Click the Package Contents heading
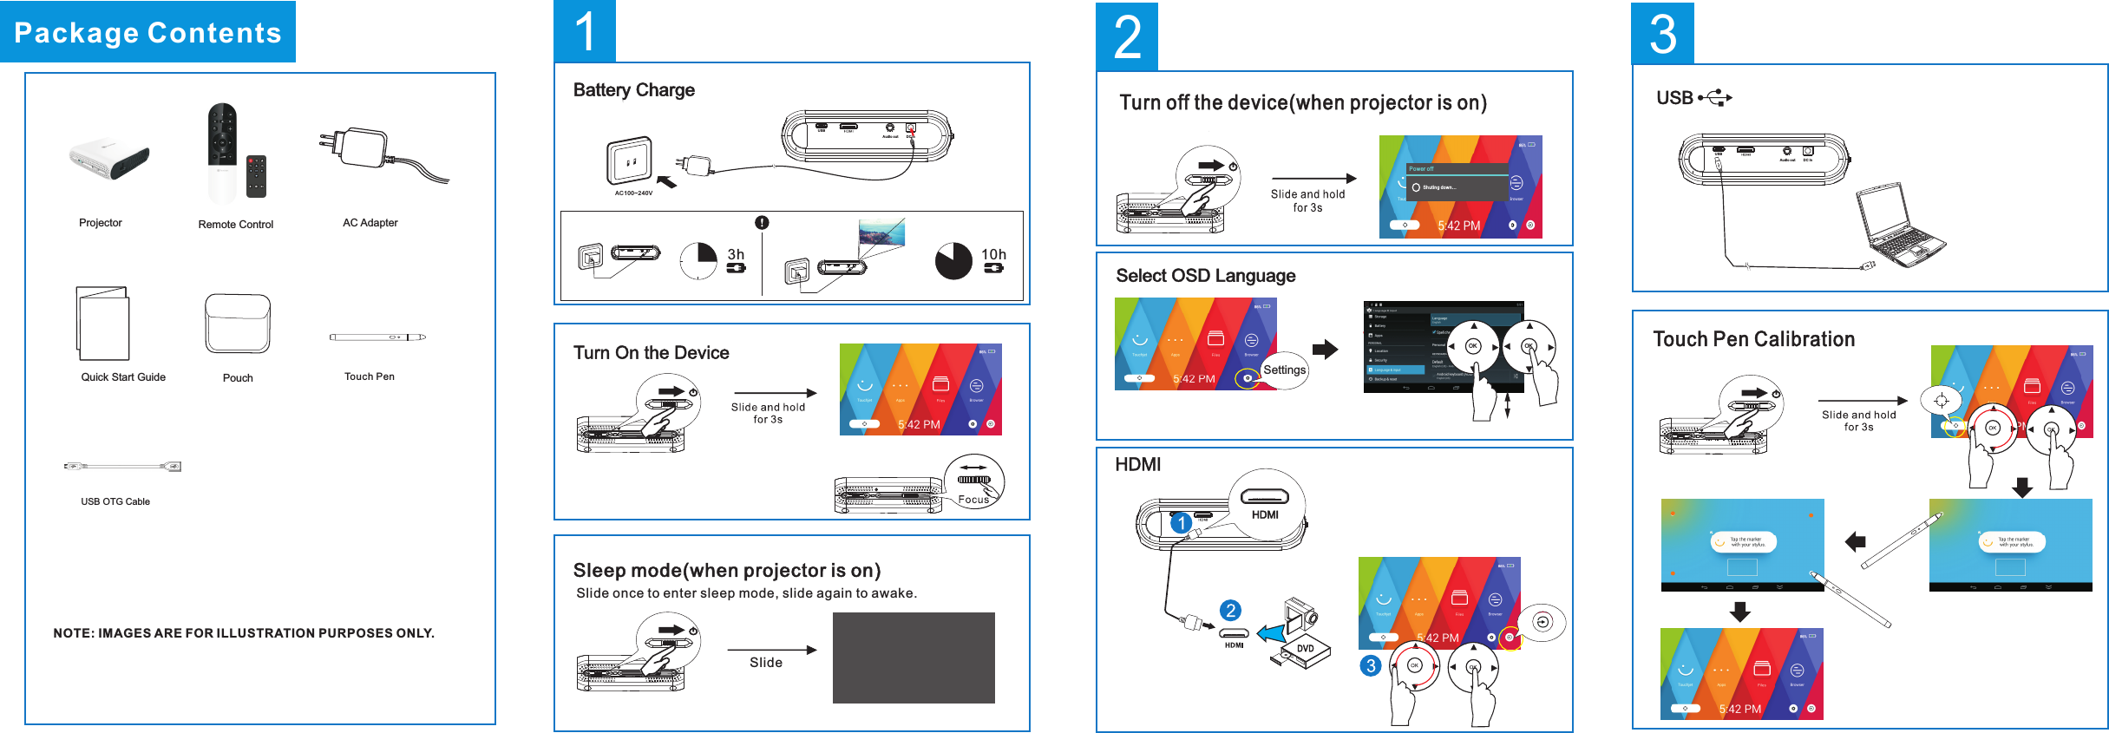[147, 32]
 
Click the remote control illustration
[223, 152]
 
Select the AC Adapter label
[370, 223]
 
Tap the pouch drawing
[238, 324]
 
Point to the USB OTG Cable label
[115, 501]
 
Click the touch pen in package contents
[377, 337]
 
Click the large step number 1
[585, 31]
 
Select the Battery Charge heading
[633, 90]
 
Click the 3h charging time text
[736, 254]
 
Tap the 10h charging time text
[993, 254]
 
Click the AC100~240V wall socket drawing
[629, 160]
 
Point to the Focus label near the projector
[973, 500]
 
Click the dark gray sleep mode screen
[914, 658]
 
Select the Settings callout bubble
[1284, 370]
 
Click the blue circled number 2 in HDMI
[1230, 611]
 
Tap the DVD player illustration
[1300, 638]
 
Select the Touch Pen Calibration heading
[1753, 339]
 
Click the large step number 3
[1662, 34]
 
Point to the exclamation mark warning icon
[762, 223]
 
